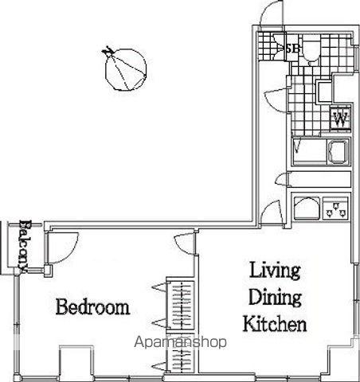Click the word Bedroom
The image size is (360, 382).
pos(92,306)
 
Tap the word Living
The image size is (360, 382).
pos(275,271)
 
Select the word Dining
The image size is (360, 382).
pos(275,298)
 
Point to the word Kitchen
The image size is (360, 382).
pos(275,323)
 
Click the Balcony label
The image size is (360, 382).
pos(24,246)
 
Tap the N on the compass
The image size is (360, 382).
pos(108,51)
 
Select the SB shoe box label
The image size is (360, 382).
pos(292,49)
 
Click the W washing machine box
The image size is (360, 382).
pos(341,119)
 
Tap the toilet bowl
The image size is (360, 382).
pos(311,53)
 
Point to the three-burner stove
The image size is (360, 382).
pos(335,209)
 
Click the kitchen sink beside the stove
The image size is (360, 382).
pos(307,209)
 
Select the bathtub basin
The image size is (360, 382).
pos(338,152)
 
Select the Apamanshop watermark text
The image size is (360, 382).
pos(180,342)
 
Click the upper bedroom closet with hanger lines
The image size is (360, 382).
pos(181,305)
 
